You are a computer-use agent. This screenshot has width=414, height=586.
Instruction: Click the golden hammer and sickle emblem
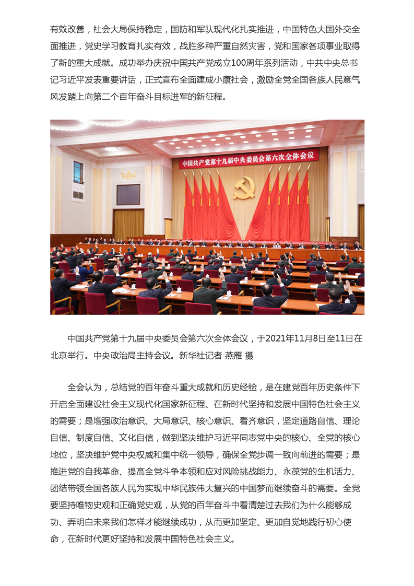point(244,187)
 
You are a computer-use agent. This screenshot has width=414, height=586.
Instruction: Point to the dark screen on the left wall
point(128,194)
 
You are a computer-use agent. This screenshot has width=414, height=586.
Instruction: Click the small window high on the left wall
point(78,172)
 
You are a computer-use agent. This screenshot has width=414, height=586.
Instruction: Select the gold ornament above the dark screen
point(128,175)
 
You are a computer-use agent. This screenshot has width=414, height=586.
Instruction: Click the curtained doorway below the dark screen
point(128,224)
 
